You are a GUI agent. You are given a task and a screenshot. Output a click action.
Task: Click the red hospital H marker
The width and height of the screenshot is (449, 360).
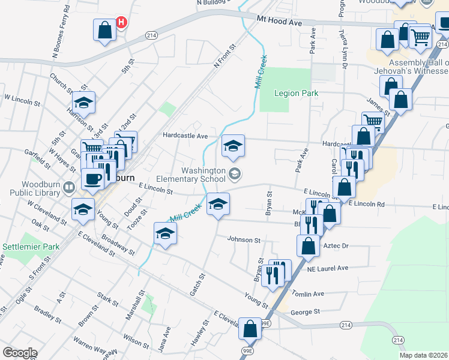click(x=121, y=23)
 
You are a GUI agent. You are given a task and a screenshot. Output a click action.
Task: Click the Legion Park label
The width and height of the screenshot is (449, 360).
click(x=296, y=93)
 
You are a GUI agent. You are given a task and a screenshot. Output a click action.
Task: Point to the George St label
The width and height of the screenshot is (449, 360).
click(x=305, y=312)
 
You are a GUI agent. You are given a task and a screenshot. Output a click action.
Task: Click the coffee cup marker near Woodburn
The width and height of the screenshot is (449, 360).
click(x=92, y=179)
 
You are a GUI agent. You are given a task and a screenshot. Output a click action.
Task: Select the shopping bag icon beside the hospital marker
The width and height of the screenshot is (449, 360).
click(x=104, y=30)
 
